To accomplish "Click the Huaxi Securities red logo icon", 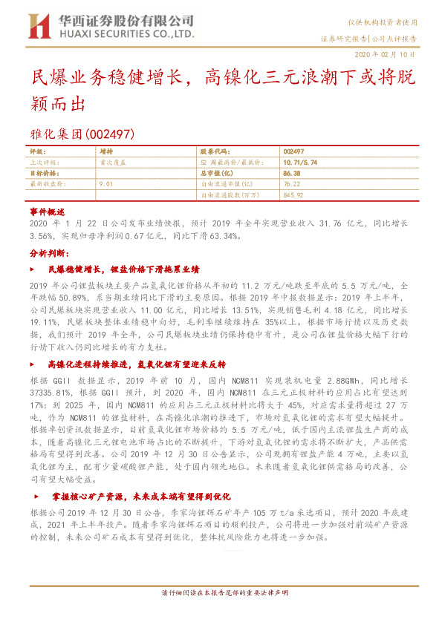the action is (38, 26).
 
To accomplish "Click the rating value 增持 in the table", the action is (105, 150).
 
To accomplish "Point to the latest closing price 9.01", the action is (105, 183).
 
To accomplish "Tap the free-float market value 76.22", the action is (291, 183).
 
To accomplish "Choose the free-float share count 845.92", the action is (293, 194).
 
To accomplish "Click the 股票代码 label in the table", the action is (216, 150).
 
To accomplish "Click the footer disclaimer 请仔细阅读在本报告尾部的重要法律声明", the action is (220, 593).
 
